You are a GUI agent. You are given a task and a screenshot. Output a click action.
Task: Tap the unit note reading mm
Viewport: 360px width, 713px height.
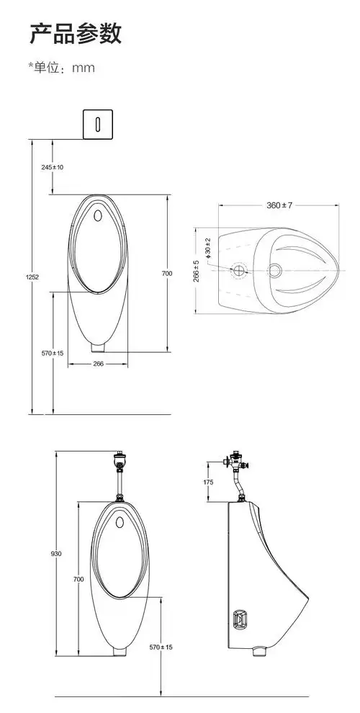[x=84, y=68]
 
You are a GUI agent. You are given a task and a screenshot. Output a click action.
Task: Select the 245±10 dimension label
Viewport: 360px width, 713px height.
[x=52, y=167]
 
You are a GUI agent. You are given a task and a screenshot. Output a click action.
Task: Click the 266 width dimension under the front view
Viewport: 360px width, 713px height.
[x=99, y=364]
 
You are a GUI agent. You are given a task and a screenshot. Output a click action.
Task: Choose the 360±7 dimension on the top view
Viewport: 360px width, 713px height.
[x=279, y=205]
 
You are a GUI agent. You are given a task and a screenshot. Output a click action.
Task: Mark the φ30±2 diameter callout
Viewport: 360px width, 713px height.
[x=207, y=248]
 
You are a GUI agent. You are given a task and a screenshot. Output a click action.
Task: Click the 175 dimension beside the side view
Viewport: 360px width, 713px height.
[x=209, y=482]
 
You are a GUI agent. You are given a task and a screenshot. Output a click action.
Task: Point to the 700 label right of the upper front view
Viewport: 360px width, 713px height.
[x=167, y=273]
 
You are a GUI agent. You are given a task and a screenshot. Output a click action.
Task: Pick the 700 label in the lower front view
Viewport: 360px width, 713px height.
[x=78, y=579]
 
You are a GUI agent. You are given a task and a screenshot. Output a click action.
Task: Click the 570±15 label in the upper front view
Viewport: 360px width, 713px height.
[x=52, y=353]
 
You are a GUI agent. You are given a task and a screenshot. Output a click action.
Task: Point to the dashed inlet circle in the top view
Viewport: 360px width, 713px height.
[x=238, y=271]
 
